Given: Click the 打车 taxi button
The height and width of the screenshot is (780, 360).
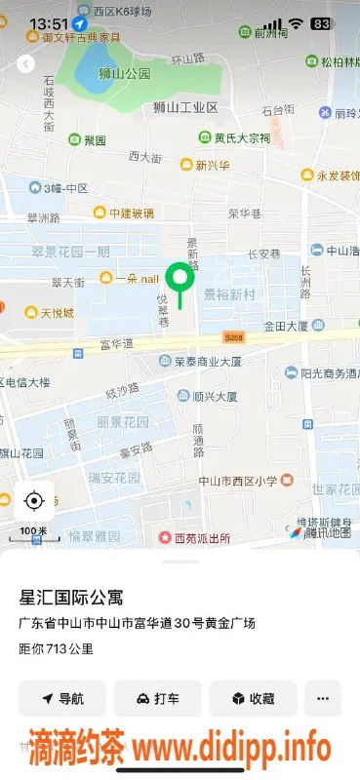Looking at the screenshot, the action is coord(157,698).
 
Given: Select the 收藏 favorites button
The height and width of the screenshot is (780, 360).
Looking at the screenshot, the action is coord(253,698).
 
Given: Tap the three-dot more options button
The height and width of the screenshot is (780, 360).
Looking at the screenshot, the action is coord(323,698).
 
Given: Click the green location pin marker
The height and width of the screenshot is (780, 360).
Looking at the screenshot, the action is coord(179,282).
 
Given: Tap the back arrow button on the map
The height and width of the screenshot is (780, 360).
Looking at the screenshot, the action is coord(26,64).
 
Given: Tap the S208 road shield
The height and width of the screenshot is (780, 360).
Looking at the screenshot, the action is coord(232,337).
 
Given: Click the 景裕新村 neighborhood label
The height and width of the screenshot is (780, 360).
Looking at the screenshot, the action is coord(229,292).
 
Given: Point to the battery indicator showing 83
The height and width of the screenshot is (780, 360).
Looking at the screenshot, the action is coord(320,22).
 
